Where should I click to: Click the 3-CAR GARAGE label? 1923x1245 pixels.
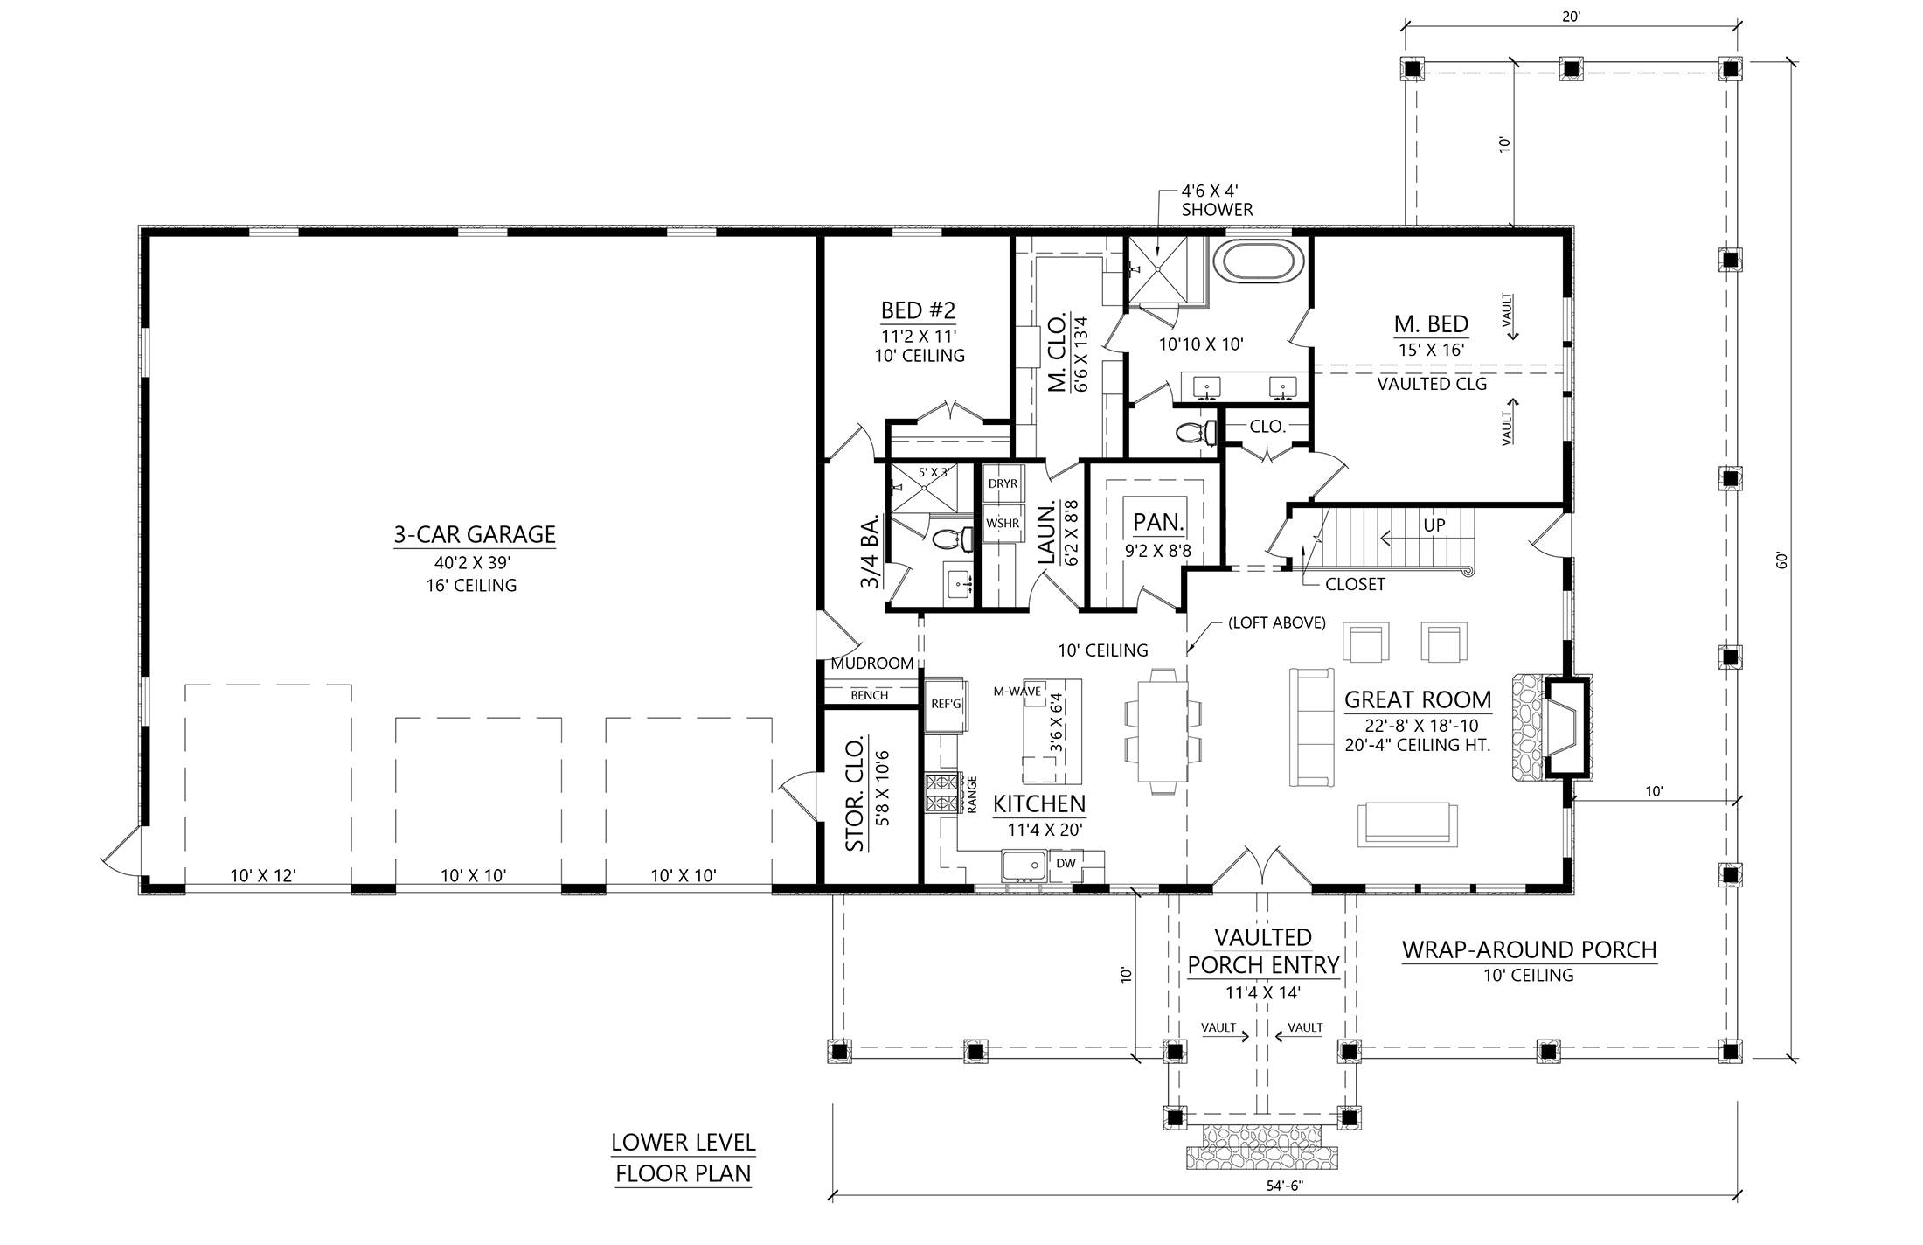coord(475,534)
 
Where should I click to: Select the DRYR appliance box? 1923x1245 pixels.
coord(1003,483)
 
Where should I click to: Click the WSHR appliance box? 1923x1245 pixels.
coord(1003,524)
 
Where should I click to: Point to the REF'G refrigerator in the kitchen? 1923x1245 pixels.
coord(945,705)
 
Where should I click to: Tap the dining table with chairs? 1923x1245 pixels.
coord(1163,731)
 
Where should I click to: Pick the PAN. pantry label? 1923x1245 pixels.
coord(1158,523)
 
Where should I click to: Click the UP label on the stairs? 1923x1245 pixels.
coord(1434,525)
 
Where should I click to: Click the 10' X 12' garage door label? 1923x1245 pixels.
coord(263,875)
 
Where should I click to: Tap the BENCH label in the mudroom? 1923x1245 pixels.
coord(869,695)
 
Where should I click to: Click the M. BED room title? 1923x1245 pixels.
coord(1431,324)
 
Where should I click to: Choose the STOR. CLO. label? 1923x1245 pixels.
coord(856,793)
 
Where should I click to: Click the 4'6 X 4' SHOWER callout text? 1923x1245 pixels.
coord(1217,200)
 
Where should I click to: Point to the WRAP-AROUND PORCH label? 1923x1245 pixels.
coord(1529,949)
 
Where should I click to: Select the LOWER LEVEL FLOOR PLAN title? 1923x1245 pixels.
coord(683,1158)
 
